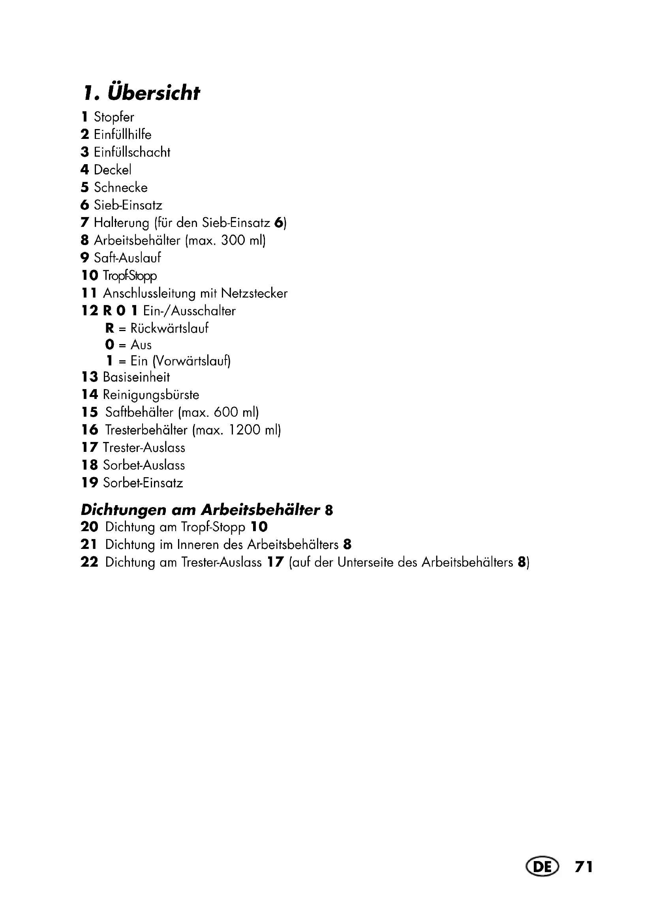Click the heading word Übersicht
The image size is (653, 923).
153,93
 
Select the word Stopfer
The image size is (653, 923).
114,117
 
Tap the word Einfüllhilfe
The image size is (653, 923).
123,134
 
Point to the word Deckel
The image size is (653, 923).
113,170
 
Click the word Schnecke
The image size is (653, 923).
121,187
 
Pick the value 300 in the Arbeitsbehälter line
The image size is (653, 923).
233,240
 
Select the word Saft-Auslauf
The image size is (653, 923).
128,258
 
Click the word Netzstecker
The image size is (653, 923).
254,293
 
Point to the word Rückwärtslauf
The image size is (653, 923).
169,328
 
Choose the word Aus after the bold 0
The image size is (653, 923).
141,345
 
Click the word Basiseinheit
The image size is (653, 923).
136,377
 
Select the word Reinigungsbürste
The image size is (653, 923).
151,395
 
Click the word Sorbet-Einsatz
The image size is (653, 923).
143,482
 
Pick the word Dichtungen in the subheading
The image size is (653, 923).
124,510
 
